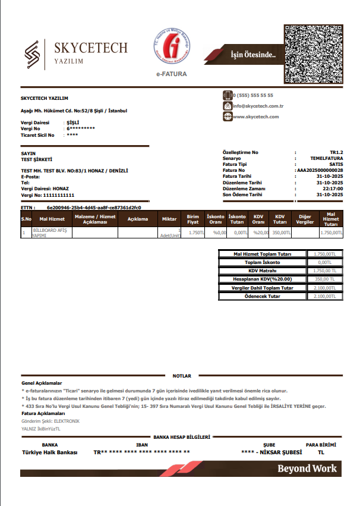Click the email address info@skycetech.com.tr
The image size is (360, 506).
(x=258, y=106)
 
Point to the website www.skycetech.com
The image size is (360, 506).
(x=256, y=117)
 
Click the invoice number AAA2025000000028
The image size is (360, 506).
(x=320, y=170)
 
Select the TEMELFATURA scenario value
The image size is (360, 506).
(x=327, y=159)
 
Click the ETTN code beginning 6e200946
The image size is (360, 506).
(x=94, y=208)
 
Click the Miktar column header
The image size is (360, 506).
(x=169, y=219)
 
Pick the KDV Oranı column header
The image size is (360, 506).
(x=258, y=219)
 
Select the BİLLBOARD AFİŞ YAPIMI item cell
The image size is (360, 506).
(x=51, y=232)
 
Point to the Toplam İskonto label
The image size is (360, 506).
(x=263, y=262)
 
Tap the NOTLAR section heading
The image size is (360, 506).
(x=182, y=376)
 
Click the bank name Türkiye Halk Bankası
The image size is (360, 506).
(x=50, y=452)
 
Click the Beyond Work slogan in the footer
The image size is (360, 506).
(x=307, y=469)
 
